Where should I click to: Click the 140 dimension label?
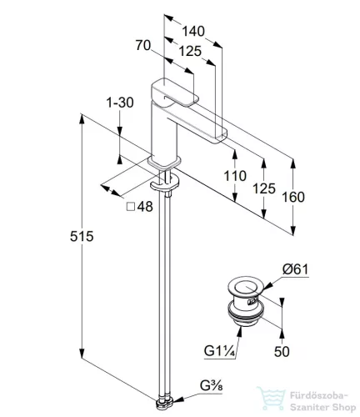click(193, 31)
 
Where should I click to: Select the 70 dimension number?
click(143, 45)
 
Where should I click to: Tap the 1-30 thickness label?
click(120, 103)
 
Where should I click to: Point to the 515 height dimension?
click(82, 237)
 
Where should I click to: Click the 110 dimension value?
click(235, 176)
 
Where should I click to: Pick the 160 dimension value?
click(293, 197)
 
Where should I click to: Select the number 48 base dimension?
click(145, 207)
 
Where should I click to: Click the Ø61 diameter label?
click(296, 269)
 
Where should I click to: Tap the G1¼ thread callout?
click(220, 351)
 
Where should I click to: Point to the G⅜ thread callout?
click(212, 386)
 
